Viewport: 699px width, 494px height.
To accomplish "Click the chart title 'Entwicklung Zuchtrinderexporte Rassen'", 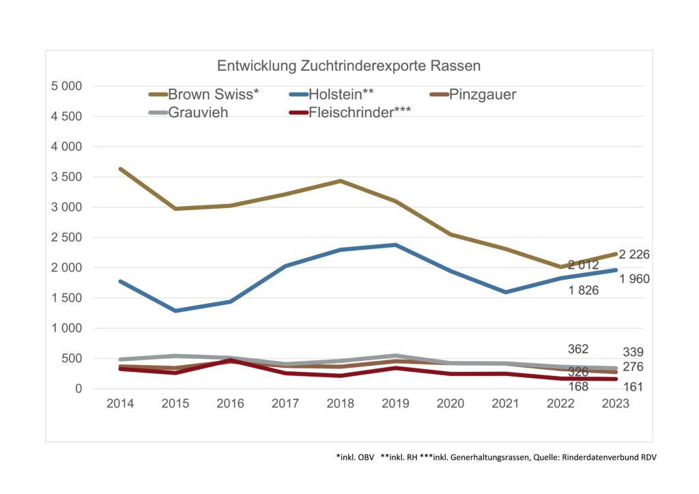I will pos(349,66).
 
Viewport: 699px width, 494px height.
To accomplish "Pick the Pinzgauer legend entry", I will pos(482,94).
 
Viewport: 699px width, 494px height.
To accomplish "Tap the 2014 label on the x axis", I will pos(120,404).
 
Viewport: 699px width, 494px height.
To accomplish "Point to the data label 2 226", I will pos(634,255).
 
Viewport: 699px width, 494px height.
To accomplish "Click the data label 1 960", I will pos(634,278).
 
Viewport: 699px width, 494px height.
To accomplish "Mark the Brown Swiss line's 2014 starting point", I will pos(120,169).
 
